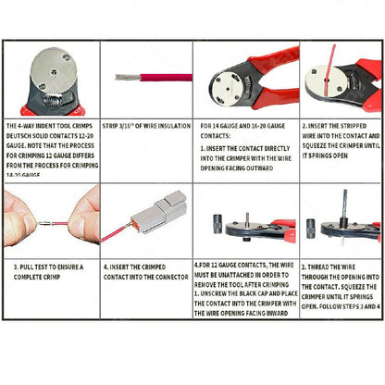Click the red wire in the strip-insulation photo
coord(153,78)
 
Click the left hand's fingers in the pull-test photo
coord(18,213)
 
